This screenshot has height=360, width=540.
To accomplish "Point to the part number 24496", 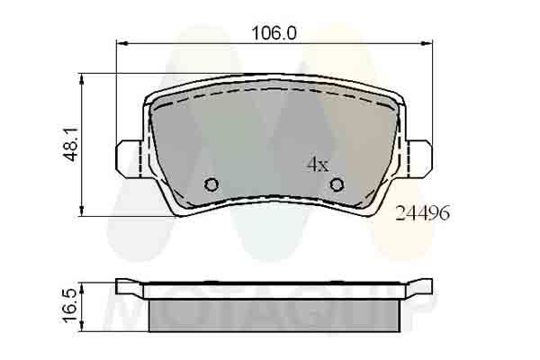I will click(422, 212).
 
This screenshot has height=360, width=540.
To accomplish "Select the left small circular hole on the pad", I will click(211, 184).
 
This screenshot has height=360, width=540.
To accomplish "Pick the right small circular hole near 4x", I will click(337, 184).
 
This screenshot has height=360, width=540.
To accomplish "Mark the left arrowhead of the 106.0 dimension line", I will click(123, 42).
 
